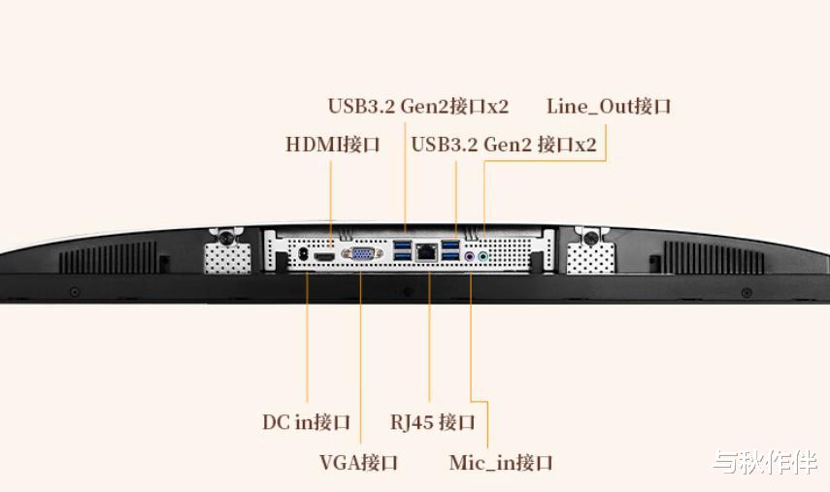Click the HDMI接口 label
[332, 145]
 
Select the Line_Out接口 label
[609, 106]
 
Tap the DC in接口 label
[306, 422]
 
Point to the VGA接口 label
[358, 462]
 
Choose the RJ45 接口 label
[433, 422]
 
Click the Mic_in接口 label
[500, 462]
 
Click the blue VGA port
[360, 254]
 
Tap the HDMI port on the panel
[324, 255]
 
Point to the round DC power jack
[303, 253]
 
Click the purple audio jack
[469, 257]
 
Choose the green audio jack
[482, 257]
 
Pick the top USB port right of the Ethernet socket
[450, 244]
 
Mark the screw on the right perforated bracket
[587, 236]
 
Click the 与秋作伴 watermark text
[764, 463]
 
